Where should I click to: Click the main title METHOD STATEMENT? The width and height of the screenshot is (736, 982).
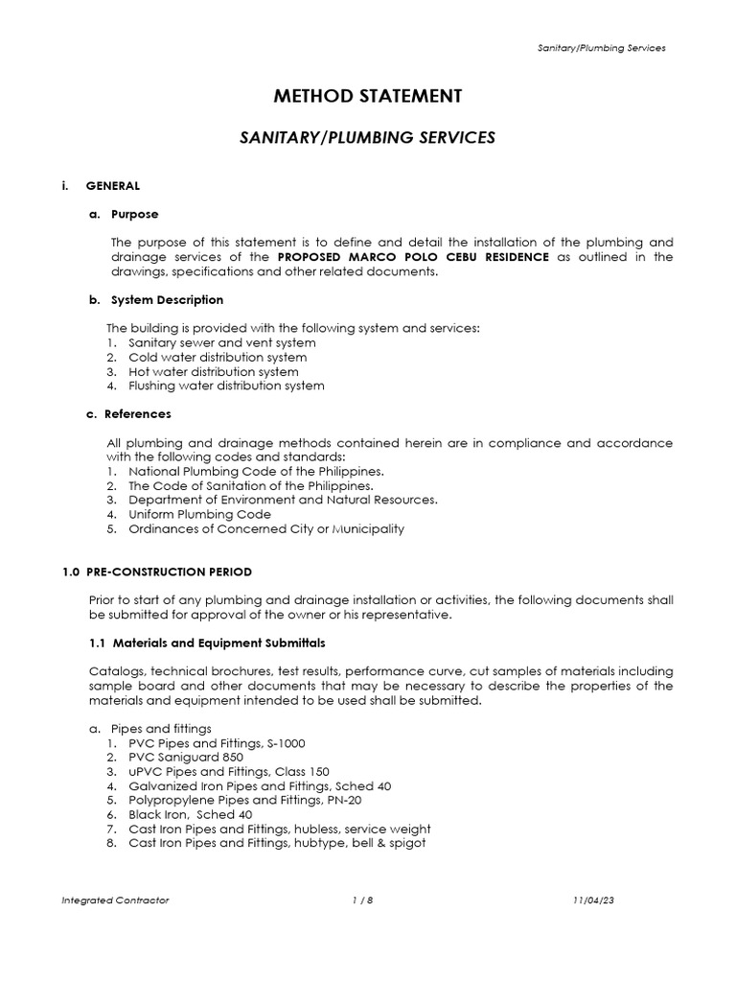click(x=368, y=96)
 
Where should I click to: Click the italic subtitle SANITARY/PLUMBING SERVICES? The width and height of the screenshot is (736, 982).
click(x=367, y=138)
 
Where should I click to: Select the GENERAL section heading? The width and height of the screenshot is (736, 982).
click(x=113, y=185)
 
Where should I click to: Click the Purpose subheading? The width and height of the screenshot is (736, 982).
click(x=134, y=214)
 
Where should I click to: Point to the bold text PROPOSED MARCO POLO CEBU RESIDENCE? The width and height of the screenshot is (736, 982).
click(x=413, y=257)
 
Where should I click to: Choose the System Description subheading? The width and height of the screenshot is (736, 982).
click(x=168, y=300)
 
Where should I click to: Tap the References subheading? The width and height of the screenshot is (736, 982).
click(x=137, y=414)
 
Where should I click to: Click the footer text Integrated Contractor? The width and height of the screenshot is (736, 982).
click(x=115, y=901)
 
